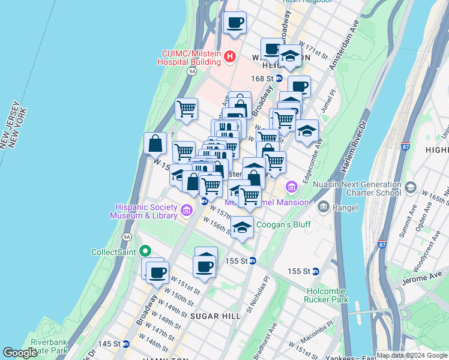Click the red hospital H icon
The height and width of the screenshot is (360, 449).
click(x=229, y=57)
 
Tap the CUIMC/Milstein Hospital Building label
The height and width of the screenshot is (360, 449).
click(x=189, y=57)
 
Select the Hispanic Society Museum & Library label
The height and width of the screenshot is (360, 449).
click(x=144, y=211)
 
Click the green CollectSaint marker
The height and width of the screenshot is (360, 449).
click(x=144, y=251)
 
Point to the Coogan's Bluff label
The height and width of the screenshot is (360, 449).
click(x=283, y=225)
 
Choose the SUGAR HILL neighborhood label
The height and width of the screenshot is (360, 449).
click(x=212, y=315)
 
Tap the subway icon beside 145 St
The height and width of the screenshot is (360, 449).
click(x=126, y=344)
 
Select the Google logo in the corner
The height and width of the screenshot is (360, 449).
click(x=20, y=353)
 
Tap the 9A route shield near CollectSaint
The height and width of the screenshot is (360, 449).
click(x=127, y=237)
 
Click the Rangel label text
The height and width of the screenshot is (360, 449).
click(x=345, y=208)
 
